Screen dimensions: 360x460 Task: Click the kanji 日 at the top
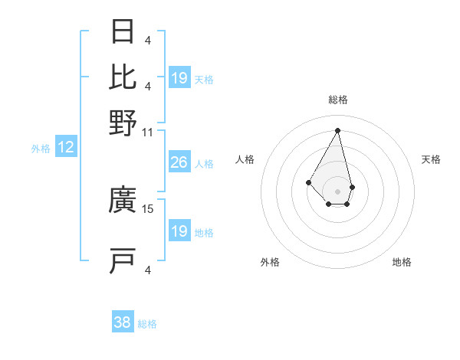pos(123,32)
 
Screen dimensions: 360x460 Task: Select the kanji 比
pos(123,77)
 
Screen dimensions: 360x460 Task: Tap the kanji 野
pos(123,123)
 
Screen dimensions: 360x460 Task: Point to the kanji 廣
pos(123,201)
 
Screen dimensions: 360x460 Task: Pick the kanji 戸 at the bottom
pos(123,260)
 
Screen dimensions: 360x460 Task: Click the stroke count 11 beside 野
pos(147,133)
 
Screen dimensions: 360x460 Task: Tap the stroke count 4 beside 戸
pos(148,270)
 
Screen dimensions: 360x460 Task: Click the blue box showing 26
pos(179,162)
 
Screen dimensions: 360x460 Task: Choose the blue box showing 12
pos(65,147)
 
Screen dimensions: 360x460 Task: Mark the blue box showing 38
pos(123,323)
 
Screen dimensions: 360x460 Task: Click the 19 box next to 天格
pos(179,78)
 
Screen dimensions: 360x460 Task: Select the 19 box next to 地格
pos(179,231)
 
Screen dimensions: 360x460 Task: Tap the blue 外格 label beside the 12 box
pos(40,149)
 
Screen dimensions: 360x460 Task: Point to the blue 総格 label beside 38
pos(147,325)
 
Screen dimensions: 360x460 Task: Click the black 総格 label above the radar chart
pos(337,100)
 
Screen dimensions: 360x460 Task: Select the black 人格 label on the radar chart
pos(245,159)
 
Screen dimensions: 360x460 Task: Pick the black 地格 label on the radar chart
pos(402,263)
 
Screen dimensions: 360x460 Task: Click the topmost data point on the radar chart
pos(337,129)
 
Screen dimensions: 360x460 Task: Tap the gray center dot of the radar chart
pos(337,191)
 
